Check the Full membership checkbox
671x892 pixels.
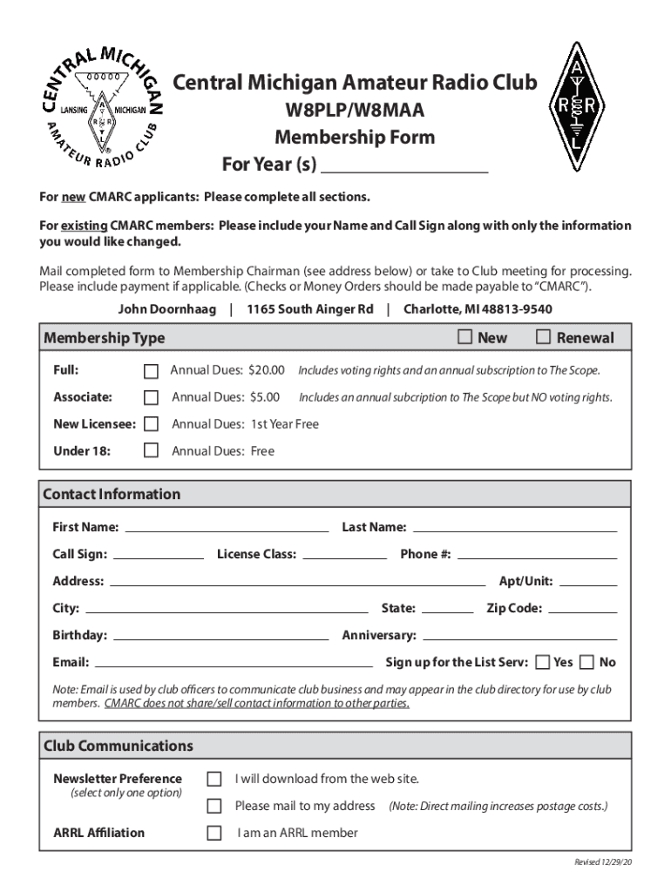tap(151, 372)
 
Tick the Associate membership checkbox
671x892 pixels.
tap(151, 398)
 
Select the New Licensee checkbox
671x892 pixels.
tap(151, 424)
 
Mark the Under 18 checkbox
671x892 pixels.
tap(151, 450)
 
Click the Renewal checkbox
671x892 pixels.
tap(543, 337)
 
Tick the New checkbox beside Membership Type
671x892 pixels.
tap(465, 337)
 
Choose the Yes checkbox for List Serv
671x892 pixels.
tap(543, 662)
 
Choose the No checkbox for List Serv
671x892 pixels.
tap(587, 662)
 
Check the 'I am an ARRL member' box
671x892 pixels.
tap(213, 833)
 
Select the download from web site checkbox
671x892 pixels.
tap(213, 779)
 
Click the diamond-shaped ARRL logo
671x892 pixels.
tap(576, 107)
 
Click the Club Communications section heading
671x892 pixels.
tap(119, 746)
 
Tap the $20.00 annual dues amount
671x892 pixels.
tap(267, 370)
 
